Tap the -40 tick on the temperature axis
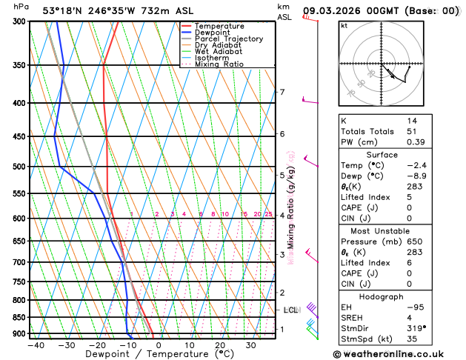tap(34, 345)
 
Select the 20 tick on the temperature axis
tap(220, 345)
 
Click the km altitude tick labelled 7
tap(282, 93)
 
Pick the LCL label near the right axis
tap(290, 310)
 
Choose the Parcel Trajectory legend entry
tap(228, 39)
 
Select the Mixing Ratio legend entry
tap(219, 64)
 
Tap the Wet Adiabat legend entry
tap(218, 51)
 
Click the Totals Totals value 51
tap(412, 131)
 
